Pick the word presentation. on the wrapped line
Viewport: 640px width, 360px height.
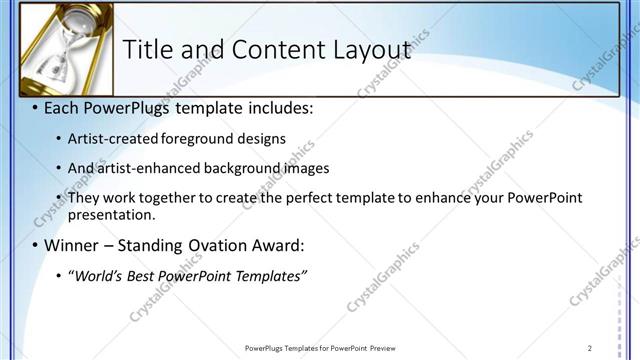pyautogui.click(x=112, y=215)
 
